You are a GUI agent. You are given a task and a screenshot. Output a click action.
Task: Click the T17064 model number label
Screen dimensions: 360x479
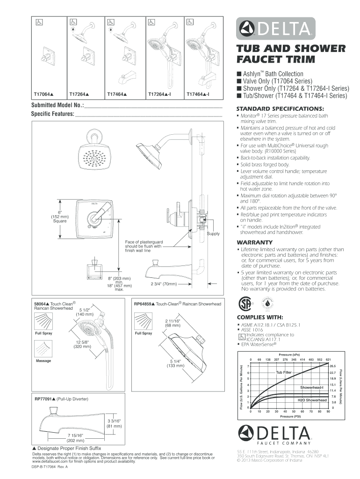[43, 94]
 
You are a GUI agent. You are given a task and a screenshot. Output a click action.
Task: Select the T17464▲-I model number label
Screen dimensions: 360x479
[198, 94]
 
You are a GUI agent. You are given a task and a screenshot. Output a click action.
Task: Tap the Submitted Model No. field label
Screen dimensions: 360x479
[58, 105]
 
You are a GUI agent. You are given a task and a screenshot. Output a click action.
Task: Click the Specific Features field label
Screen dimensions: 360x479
[53, 114]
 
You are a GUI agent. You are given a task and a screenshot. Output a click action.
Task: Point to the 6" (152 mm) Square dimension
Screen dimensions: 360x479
[60, 217]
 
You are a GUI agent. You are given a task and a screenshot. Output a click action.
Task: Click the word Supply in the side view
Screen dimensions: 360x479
[213, 234]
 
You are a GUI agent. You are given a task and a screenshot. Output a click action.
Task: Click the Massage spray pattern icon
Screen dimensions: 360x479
[43, 349]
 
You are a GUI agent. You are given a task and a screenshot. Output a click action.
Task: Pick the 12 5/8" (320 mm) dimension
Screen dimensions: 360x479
[82, 344]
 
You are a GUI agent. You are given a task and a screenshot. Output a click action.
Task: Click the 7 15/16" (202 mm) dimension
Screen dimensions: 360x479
[75, 438]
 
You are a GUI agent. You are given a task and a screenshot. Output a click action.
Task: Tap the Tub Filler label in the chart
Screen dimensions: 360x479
[284, 372]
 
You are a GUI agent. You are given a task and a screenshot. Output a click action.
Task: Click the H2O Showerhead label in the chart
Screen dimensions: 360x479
[312, 400]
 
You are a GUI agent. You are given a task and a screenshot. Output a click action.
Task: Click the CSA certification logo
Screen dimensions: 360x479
[245, 303]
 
